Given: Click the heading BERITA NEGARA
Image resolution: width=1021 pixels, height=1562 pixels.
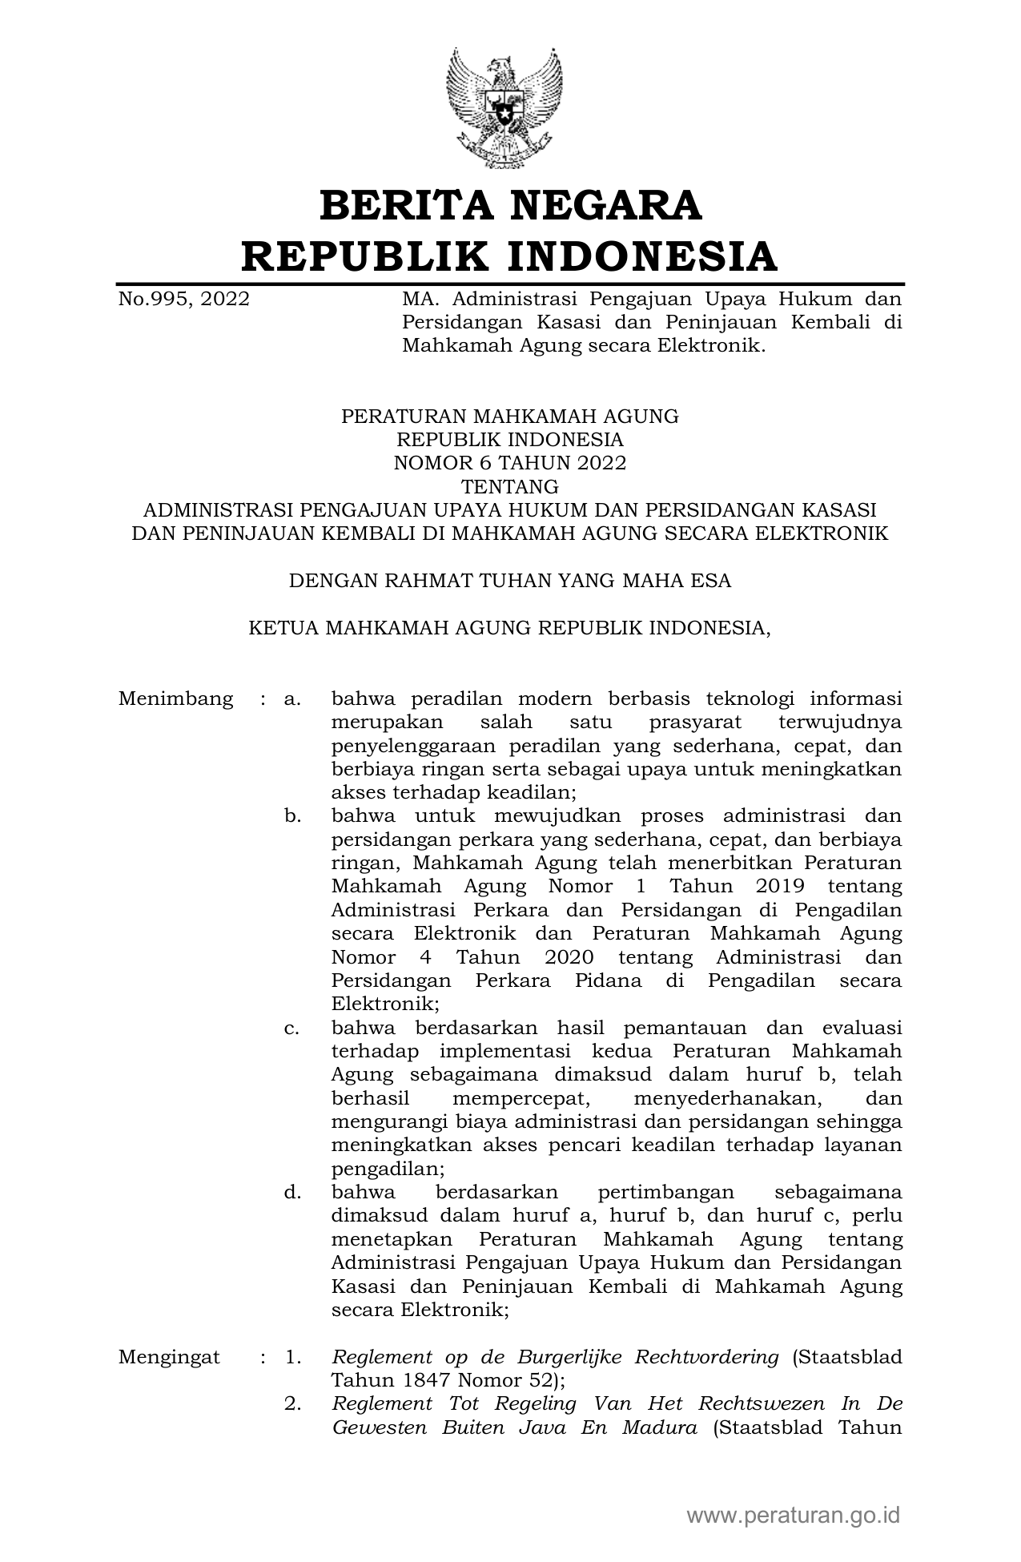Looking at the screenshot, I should point(510,206).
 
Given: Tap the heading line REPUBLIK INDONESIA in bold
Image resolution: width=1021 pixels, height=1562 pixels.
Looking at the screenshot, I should point(510,256).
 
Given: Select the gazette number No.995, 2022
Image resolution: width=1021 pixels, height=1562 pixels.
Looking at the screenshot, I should point(184,300).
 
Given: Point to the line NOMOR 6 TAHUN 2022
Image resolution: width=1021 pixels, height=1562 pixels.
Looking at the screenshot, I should point(510,463).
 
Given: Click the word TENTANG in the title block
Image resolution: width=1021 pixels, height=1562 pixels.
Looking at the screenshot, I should point(510,486).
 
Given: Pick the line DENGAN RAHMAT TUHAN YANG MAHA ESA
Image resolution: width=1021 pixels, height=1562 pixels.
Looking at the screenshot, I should point(510,581).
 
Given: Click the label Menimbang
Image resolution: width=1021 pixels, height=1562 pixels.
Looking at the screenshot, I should point(175,698).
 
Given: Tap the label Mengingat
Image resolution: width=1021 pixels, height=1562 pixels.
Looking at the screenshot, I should point(169,1357).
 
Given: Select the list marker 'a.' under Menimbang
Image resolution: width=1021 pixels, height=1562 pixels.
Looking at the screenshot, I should point(292,698).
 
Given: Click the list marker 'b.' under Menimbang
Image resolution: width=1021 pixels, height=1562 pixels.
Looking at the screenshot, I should point(292,816).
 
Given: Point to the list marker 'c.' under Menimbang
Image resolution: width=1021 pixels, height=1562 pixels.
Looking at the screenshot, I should point(292,1028).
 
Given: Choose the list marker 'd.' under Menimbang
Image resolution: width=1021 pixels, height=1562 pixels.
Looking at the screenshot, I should point(292,1193).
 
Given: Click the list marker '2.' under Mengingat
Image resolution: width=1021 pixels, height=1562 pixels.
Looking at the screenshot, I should point(292,1404).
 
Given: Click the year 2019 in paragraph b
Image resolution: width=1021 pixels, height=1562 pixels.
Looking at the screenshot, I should point(779,887).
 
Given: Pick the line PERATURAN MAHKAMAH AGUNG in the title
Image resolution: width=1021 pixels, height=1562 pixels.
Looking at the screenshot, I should point(510,417).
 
